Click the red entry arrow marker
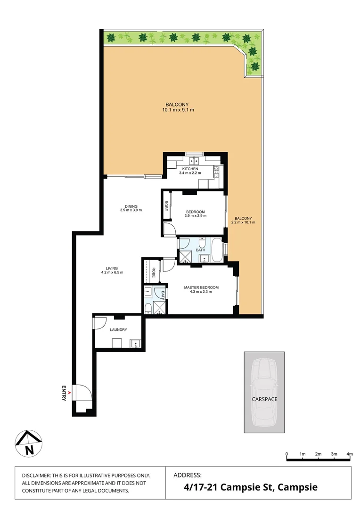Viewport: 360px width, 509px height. [70, 392]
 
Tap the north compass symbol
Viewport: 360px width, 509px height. [29, 444]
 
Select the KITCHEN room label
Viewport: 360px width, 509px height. [190, 169]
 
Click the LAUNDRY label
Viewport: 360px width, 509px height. [118, 330]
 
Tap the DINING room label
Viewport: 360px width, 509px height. [131, 206]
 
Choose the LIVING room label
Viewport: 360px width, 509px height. [112, 269]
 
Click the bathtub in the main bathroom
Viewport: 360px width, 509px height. [217, 250]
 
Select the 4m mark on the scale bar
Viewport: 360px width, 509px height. [350, 454]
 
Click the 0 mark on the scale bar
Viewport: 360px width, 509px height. [286, 454]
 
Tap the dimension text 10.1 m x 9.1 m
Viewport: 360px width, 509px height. [178, 110]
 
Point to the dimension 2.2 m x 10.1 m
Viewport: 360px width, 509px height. [244, 222]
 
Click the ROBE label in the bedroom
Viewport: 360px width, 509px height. [166, 205]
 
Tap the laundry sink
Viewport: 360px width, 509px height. [136, 342]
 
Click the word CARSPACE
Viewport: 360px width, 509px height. [264, 399]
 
